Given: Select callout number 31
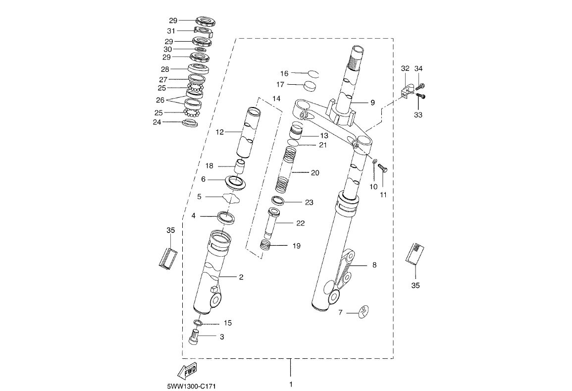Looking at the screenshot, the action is (x=171, y=31).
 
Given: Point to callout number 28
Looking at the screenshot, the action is (x=165, y=69).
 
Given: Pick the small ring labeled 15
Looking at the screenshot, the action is (x=198, y=323).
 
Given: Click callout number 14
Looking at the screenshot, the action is (x=276, y=99).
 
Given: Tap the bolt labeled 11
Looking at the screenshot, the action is (x=383, y=168).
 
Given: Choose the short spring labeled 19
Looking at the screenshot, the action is (x=266, y=244).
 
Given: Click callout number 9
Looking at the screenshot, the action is (x=372, y=103).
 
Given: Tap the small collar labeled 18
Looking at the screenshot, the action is (x=239, y=167).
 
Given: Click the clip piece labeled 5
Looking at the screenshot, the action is (x=231, y=198).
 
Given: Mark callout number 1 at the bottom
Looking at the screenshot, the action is (x=291, y=384).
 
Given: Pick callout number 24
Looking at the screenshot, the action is (x=157, y=122).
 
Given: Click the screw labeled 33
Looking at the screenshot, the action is (x=422, y=96).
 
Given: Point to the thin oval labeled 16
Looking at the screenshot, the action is (x=312, y=74).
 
